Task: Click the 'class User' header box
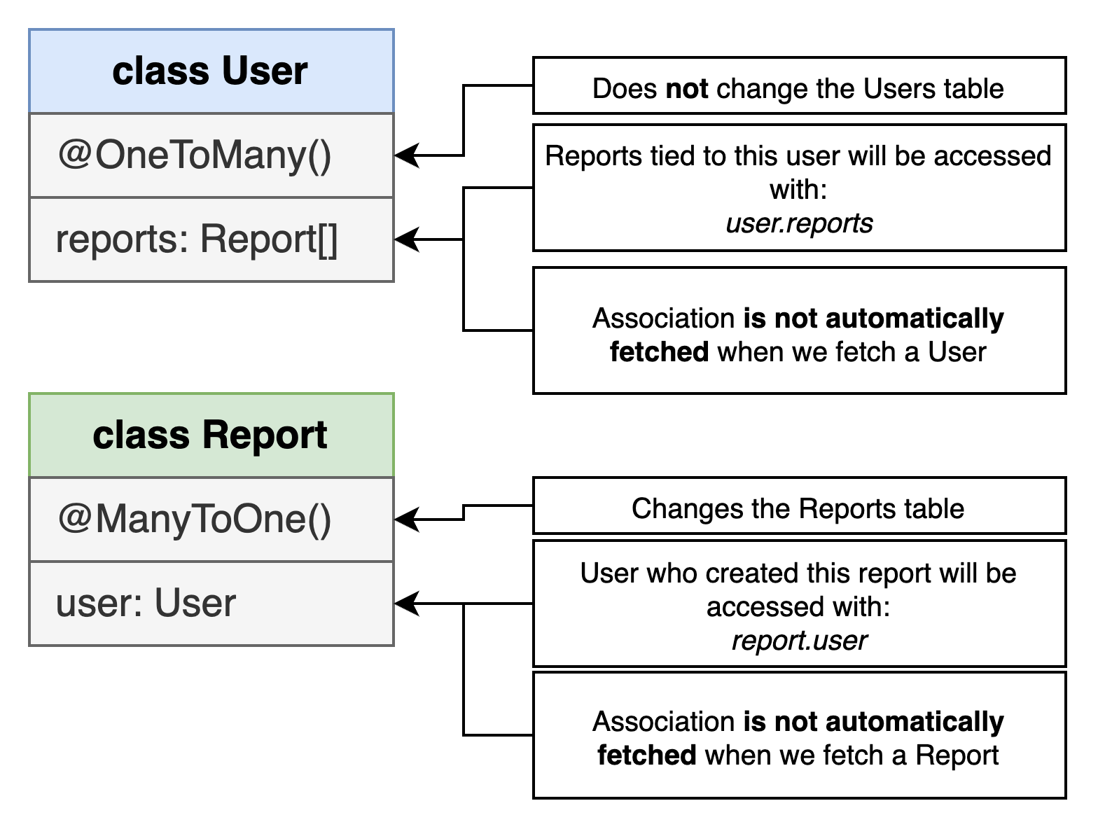point(211,71)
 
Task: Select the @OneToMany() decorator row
point(211,155)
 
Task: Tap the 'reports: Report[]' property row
point(211,239)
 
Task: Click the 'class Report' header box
point(211,435)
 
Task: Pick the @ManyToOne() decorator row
point(211,520)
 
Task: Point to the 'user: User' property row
point(211,604)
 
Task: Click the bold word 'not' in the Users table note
point(686,89)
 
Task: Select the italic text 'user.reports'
point(799,223)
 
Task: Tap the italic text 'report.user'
point(799,641)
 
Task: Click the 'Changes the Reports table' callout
point(800,506)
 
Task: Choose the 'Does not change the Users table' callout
point(800,85)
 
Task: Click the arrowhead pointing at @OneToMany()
point(407,155)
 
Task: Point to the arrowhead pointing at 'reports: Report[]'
point(407,239)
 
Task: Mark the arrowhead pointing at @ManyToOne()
point(407,520)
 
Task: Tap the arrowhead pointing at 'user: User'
point(407,604)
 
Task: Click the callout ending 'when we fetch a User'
point(800,330)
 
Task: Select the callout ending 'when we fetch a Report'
point(800,735)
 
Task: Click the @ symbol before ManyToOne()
point(74,518)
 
